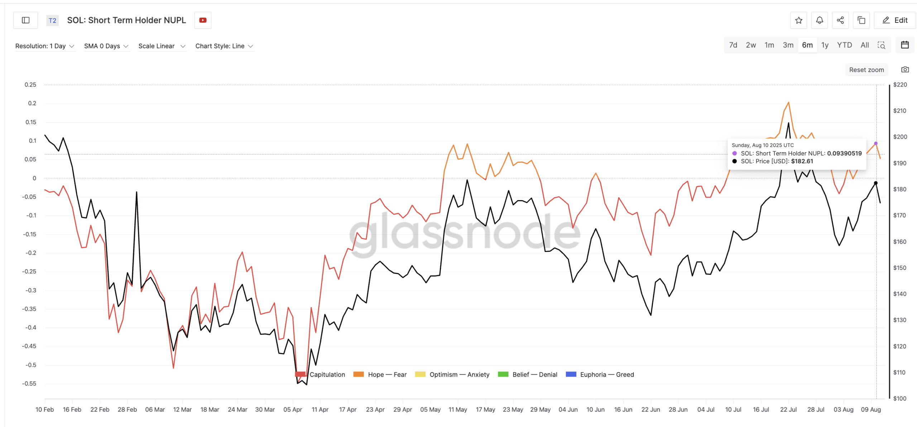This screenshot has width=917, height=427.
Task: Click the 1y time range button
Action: coord(825,45)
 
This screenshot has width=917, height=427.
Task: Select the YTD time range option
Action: coord(844,45)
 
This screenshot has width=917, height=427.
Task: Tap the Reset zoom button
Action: coord(866,70)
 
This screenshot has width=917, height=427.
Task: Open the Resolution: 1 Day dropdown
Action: coord(45,46)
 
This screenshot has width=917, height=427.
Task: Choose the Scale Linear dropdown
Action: coord(162,46)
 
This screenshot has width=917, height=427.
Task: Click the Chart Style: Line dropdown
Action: coord(224,46)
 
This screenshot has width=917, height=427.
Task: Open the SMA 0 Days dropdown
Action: coord(106,46)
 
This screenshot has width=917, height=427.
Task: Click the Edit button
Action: coord(894,20)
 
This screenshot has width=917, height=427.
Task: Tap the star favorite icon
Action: coord(798,20)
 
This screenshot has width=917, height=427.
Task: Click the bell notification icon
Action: coord(819,20)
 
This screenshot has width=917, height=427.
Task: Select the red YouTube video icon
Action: coord(203,20)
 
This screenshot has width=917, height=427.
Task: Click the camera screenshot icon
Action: coord(905,69)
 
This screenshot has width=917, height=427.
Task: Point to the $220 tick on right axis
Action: coord(900,85)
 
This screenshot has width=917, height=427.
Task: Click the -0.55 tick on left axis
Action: coord(29,384)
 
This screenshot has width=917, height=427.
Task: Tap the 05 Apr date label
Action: coord(293,409)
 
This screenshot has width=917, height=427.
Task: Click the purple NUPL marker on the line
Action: coord(875,144)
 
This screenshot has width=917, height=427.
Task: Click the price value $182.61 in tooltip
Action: coord(802,161)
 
